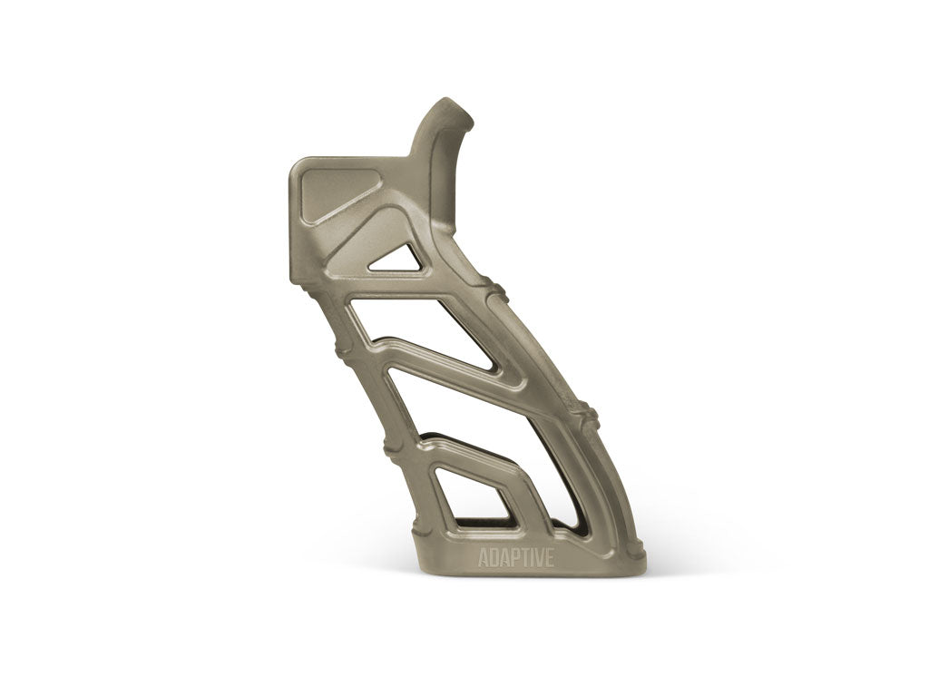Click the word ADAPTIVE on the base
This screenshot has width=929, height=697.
pos(515,557)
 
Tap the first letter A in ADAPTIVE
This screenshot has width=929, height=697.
pos(484,557)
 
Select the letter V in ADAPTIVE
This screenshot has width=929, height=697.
pos(538,557)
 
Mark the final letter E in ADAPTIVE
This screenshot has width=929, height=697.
pos(549,557)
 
